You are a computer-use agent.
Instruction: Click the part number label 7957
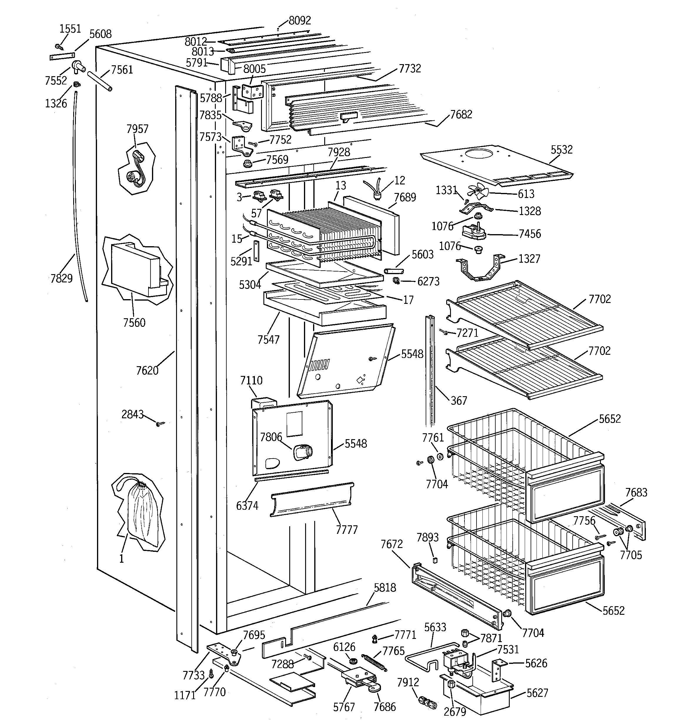click(x=137, y=129)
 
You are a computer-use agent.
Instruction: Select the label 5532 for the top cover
click(x=561, y=149)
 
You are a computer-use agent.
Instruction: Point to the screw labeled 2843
click(x=160, y=424)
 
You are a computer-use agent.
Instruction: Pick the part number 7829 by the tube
click(x=61, y=278)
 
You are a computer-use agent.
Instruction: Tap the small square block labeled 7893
click(x=435, y=560)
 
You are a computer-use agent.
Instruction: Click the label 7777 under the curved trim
click(x=346, y=529)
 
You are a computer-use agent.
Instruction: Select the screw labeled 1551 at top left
click(x=58, y=46)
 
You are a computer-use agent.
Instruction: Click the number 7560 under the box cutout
click(x=134, y=323)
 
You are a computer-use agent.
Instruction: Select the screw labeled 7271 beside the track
click(x=444, y=332)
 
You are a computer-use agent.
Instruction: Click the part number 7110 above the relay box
click(x=251, y=381)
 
